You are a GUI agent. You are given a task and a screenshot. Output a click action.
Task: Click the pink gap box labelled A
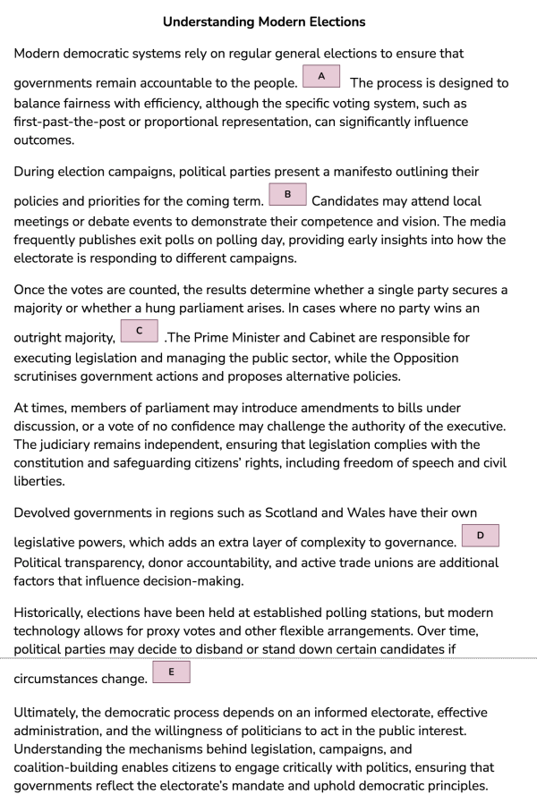pos(321,75)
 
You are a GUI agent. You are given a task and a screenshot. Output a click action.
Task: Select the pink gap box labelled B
pos(287,194)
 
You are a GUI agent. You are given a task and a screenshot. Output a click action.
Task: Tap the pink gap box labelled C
pos(139,331)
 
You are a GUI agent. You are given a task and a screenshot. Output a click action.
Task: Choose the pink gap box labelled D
pos(480,536)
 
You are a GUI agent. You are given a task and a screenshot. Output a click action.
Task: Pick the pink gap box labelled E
pos(171,672)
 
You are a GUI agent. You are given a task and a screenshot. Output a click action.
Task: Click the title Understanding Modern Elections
pos(264,21)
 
